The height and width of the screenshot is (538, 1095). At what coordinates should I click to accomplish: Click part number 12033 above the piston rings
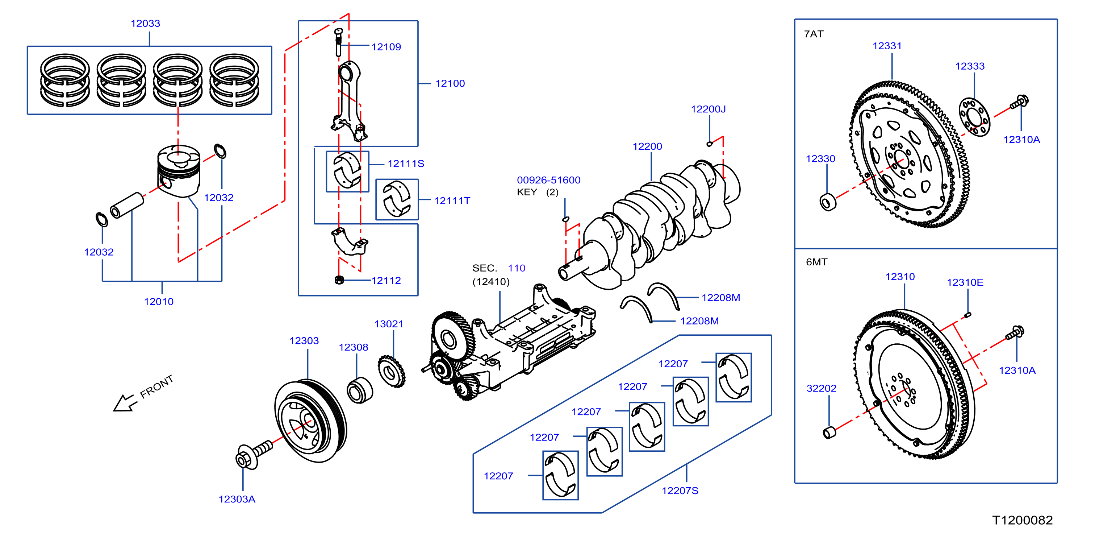click(145, 24)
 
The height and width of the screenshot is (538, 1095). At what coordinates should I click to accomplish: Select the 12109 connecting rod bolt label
click(386, 47)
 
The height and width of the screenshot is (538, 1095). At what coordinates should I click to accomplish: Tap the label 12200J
click(708, 109)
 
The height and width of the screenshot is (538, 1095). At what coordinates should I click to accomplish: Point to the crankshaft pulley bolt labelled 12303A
click(254, 454)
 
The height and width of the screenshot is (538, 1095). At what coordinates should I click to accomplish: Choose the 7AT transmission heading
click(814, 34)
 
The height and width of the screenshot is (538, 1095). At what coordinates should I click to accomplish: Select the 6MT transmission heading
click(816, 262)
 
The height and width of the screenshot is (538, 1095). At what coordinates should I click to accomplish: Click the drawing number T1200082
click(1022, 520)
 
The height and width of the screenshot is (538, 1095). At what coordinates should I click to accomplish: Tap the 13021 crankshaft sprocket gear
click(392, 371)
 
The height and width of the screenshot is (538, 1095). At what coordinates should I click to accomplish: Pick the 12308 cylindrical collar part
click(360, 390)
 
